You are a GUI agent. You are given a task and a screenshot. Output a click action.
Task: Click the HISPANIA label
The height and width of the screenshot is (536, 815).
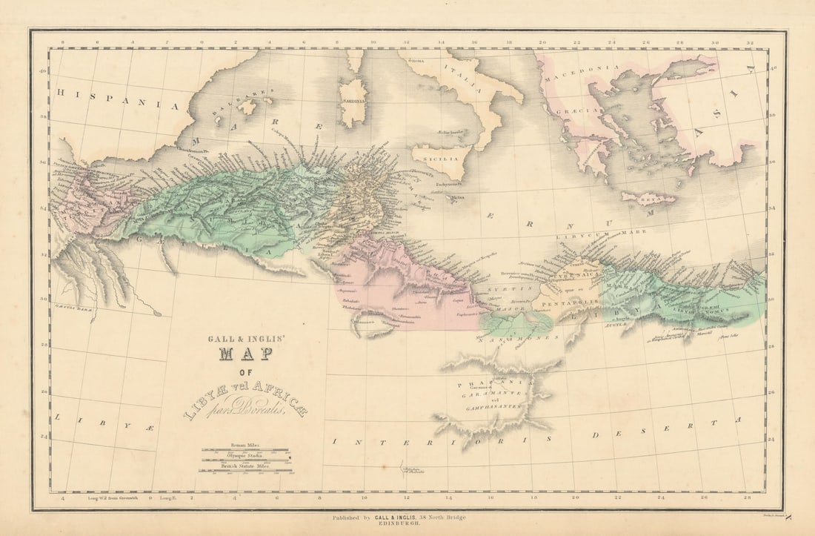click(119, 99)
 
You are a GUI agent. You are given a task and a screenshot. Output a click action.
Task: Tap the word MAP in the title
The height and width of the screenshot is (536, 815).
click(245, 354)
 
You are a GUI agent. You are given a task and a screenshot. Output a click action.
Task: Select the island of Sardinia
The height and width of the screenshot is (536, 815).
click(353, 103)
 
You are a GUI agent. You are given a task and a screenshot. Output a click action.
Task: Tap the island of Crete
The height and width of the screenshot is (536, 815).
click(649, 199)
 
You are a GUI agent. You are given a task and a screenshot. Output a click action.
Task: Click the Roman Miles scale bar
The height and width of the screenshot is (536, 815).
click(245, 449)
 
